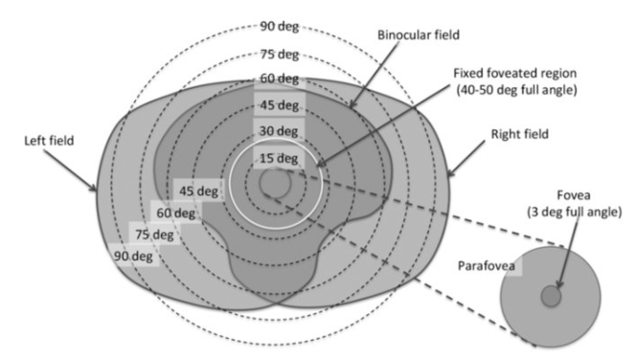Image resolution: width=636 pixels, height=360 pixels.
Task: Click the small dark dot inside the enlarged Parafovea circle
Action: click(x=551, y=297)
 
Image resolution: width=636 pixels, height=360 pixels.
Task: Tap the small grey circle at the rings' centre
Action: click(x=274, y=182)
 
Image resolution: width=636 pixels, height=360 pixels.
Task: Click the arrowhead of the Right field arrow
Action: click(x=448, y=177)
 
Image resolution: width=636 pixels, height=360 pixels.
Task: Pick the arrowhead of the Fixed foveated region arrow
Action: click(x=317, y=169)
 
